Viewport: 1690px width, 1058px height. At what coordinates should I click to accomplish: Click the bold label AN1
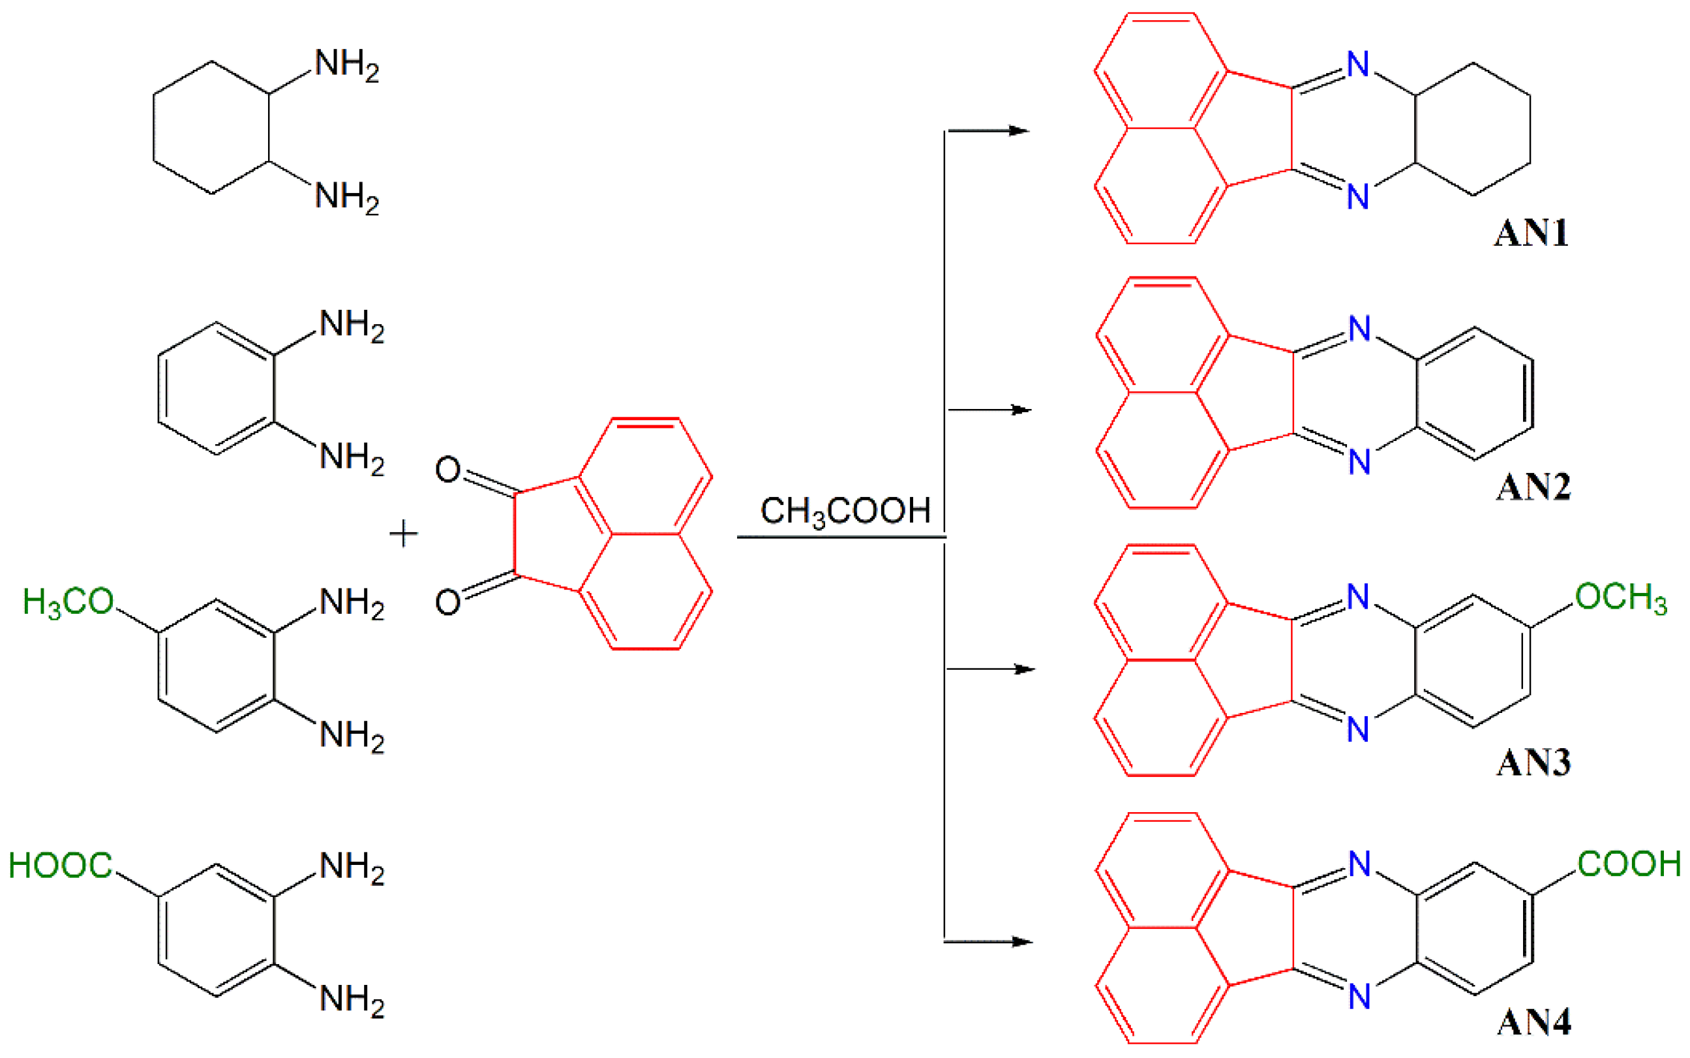point(1532,233)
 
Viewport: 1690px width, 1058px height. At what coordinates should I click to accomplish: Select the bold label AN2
point(1533,487)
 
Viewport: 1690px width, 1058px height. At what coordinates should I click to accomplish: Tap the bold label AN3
point(1533,762)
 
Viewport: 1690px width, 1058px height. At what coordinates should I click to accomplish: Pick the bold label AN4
point(1533,1022)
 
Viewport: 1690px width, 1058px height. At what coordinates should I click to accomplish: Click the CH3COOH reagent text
point(845,511)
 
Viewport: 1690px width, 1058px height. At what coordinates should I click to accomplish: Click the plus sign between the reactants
point(404,535)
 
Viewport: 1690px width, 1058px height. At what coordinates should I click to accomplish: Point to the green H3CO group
point(68,602)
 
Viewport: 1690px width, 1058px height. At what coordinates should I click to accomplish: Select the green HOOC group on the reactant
point(60,866)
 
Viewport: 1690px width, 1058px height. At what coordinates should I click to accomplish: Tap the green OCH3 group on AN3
point(1620,598)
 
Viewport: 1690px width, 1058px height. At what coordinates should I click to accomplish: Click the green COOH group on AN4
point(1629,864)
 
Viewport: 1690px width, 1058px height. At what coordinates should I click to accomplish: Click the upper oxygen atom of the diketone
point(447,470)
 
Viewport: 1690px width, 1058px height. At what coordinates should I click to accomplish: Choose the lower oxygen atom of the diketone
point(447,602)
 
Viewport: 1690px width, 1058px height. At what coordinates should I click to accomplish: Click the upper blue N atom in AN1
point(1358,65)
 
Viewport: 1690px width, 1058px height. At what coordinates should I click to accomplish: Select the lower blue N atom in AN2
point(1359,462)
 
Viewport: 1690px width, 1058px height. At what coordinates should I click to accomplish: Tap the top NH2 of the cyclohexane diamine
point(347,65)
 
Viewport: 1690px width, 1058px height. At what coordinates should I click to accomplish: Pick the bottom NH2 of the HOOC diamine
point(351,999)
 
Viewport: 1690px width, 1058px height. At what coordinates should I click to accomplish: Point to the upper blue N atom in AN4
point(1359,864)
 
